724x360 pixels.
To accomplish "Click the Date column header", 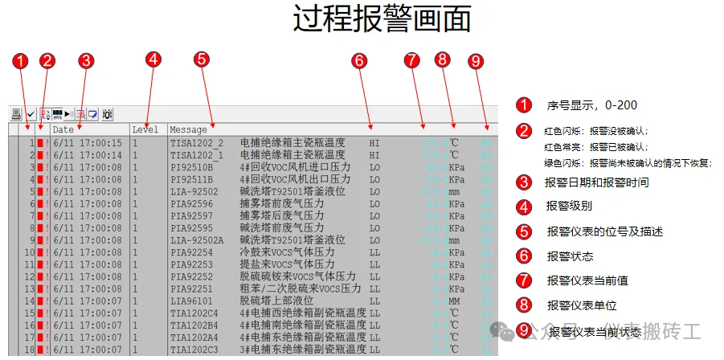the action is coord(63,129).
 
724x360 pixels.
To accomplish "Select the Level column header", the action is coord(145,129).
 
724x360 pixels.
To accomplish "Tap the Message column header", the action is coord(189,129).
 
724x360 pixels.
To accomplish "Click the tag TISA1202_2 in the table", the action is coord(197,142).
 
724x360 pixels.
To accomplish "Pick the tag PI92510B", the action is coord(192,167).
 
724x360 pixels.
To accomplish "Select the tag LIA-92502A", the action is coord(197,239).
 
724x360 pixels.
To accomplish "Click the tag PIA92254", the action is coord(192,252).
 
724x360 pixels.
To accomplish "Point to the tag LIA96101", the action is coord(192,301).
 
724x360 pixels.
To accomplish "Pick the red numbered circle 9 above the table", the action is coord(476,60).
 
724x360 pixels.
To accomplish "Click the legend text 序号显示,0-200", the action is coord(587,105).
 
